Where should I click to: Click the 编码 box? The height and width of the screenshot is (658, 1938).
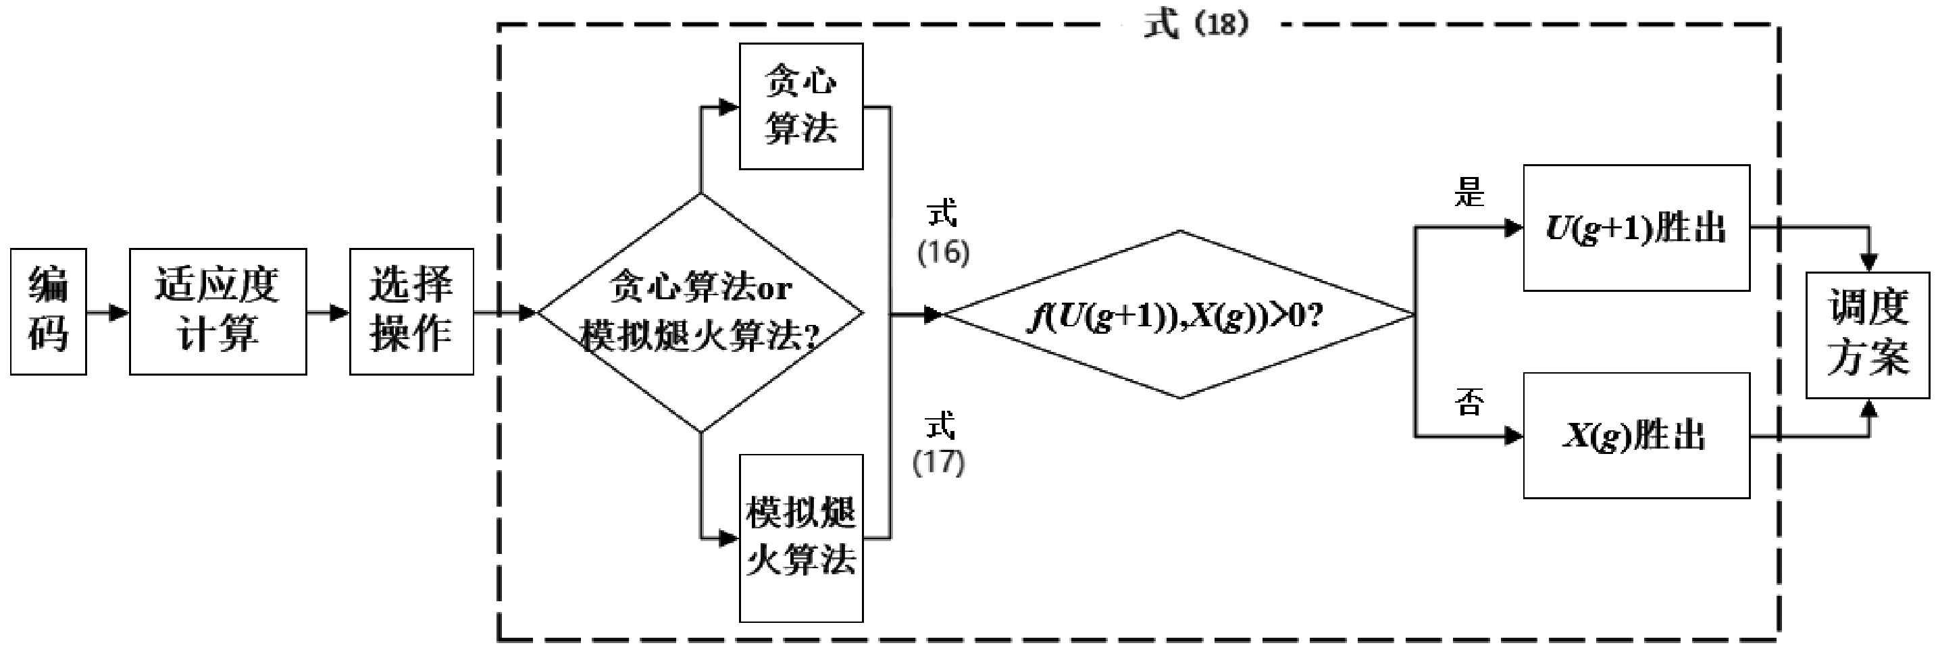click(x=48, y=311)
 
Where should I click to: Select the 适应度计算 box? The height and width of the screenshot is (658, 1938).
click(x=218, y=311)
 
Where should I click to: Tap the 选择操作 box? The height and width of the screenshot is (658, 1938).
click(x=411, y=311)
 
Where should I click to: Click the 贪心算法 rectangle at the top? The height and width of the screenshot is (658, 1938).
click(x=800, y=106)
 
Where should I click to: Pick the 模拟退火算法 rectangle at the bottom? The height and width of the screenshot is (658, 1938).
click(x=800, y=538)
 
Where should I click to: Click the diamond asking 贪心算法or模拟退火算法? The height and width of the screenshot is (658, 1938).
click(x=700, y=313)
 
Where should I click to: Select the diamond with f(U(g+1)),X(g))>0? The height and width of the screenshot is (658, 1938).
click(x=1179, y=314)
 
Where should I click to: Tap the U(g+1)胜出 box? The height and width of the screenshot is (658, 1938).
click(x=1635, y=228)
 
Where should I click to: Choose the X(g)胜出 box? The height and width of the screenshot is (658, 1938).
click(x=1635, y=436)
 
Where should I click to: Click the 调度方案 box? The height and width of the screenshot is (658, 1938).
click(x=1868, y=334)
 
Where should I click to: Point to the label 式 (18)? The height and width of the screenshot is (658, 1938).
click(x=1196, y=24)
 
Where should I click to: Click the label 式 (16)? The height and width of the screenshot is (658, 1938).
click(x=944, y=233)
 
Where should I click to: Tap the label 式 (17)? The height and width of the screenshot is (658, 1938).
click(x=939, y=444)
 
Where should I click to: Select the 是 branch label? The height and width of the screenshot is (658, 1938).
click(x=1469, y=193)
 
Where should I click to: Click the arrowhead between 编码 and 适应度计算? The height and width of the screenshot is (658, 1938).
click(x=119, y=312)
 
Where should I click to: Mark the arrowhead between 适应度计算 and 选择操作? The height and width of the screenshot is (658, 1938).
click(x=339, y=312)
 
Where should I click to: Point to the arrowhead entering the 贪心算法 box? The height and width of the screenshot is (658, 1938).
click(x=728, y=107)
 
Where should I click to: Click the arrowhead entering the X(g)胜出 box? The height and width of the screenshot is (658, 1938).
click(x=1513, y=436)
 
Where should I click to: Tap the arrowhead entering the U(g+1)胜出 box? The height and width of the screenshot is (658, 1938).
click(x=1513, y=228)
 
